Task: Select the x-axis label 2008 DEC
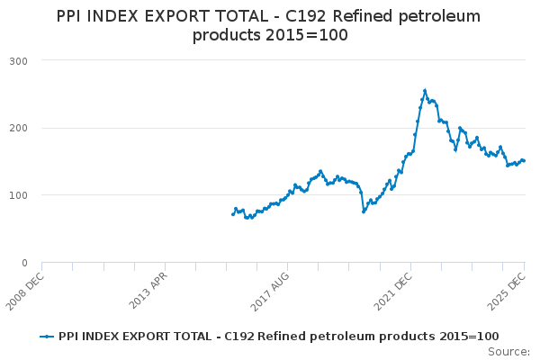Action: pyautogui.click(x=24, y=290)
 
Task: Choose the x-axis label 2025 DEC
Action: pyautogui.click(x=509, y=290)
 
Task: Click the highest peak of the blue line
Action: pyautogui.click(x=425, y=90)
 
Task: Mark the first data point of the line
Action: pyautogui.click(x=232, y=214)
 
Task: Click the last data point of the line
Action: pyautogui.click(x=525, y=161)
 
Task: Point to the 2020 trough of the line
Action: pyautogui.click(x=364, y=211)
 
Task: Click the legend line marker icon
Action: pyautogui.click(x=48, y=337)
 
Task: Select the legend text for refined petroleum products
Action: pyautogui.click(x=279, y=337)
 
